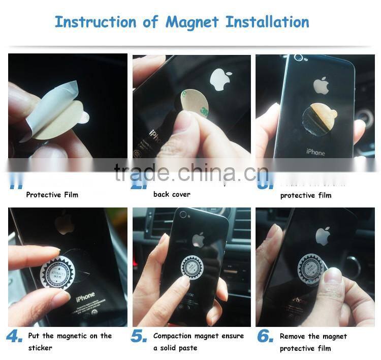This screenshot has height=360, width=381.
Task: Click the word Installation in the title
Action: (x=267, y=22)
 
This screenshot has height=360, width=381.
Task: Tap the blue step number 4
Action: (x=14, y=336)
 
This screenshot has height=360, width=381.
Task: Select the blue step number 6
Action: (x=266, y=336)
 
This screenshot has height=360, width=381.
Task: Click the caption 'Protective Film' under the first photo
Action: (x=52, y=195)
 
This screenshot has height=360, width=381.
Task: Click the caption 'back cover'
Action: (x=172, y=194)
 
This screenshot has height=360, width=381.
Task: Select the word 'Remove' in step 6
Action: (x=292, y=336)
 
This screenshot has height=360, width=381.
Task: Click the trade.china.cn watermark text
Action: (x=190, y=172)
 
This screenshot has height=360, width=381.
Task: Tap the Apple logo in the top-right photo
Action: (x=321, y=85)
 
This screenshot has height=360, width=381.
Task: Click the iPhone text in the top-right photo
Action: (x=315, y=152)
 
